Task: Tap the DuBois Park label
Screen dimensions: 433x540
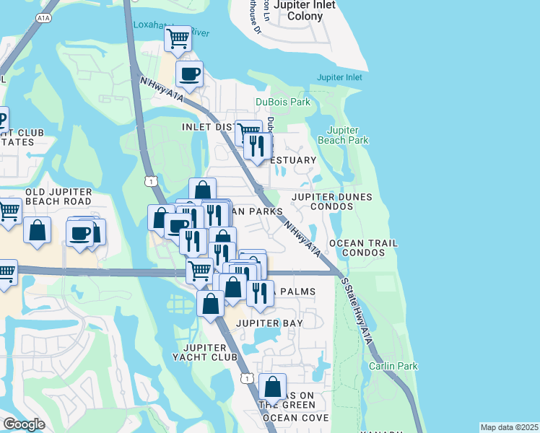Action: (283, 102)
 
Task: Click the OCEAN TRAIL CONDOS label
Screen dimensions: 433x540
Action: (363, 248)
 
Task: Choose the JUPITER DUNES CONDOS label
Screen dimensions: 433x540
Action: (332, 201)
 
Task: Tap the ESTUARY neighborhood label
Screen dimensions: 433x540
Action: (295, 160)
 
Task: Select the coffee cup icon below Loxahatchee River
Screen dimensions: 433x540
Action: (189, 73)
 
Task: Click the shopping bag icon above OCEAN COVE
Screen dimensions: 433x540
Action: (272, 387)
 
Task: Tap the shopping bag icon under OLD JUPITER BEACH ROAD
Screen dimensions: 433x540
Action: (37, 230)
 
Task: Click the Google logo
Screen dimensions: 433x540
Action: (24, 424)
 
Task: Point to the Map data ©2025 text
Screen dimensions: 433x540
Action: (508, 427)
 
